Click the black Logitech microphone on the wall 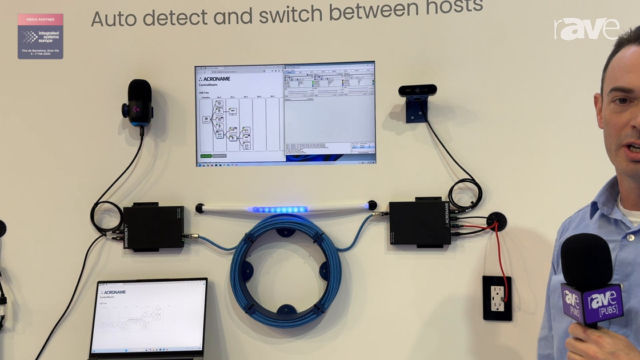click(138, 103)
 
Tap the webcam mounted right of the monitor click(418, 91)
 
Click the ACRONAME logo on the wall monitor click(214, 78)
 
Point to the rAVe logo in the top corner click(586, 29)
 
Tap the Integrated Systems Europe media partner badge click(41, 36)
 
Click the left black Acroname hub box click(153, 226)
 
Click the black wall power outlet click(497, 298)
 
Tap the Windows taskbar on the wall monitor click(285, 163)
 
